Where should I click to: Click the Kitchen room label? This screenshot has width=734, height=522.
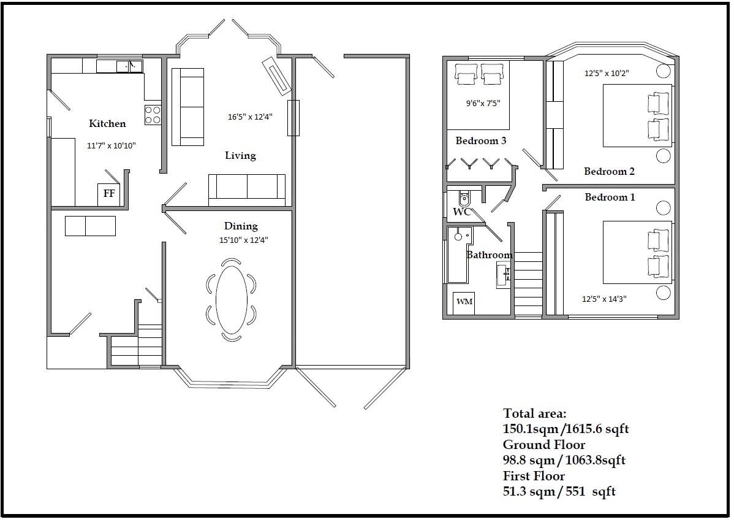[x=107, y=124]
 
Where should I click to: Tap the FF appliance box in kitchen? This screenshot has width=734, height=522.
[x=108, y=194]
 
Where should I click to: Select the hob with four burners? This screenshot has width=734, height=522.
[x=153, y=115]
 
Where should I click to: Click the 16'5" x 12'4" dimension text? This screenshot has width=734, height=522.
[x=250, y=117]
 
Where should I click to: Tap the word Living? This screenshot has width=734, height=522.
[x=241, y=156]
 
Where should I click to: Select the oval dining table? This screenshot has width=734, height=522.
[x=231, y=299]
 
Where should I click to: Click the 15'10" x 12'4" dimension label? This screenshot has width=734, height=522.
[x=243, y=240]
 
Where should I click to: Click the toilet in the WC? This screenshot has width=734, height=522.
[x=463, y=199]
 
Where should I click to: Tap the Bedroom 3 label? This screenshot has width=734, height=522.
[x=481, y=140]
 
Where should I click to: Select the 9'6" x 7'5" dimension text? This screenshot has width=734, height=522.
[x=483, y=103]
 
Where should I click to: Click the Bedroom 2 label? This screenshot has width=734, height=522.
[x=609, y=172]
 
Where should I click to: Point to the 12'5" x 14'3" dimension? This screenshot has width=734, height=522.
[x=604, y=299]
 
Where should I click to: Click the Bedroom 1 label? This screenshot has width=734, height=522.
[x=610, y=198]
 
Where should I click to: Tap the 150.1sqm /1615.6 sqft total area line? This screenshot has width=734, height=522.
[x=566, y=429]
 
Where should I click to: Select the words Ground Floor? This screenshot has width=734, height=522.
[x=544, y=444]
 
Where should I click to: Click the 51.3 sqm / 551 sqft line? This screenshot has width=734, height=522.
[x=559, y=491]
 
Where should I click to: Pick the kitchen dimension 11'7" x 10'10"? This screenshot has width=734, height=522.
[x=112, y=146]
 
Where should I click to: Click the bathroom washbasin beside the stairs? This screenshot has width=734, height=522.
[x=504, y=275]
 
